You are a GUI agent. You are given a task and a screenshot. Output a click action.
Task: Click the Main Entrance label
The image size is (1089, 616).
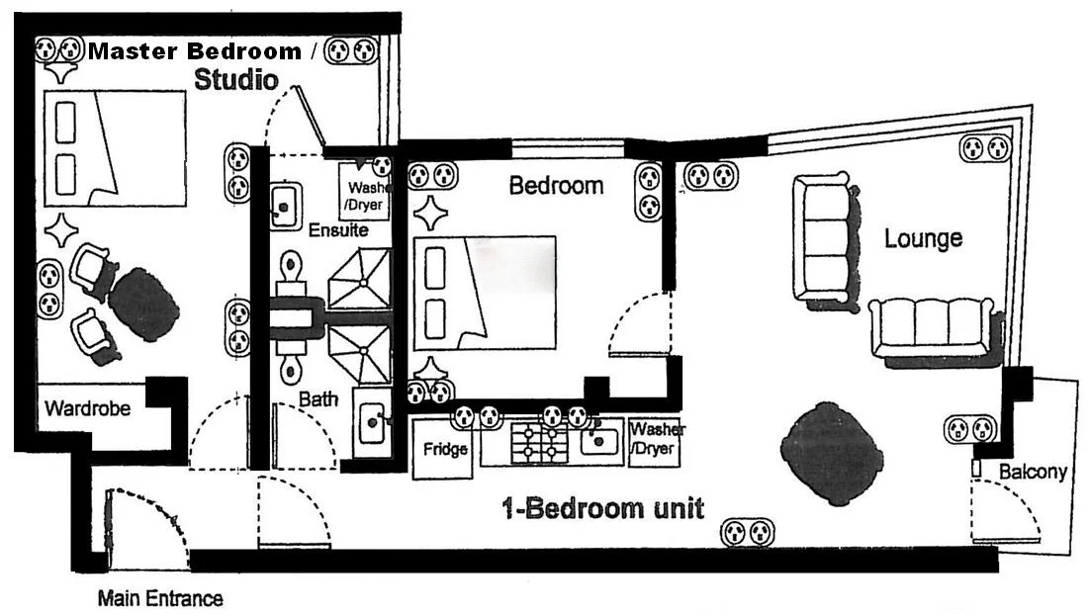(159, 598)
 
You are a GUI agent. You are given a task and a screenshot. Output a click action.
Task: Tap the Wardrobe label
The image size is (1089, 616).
(87, 407)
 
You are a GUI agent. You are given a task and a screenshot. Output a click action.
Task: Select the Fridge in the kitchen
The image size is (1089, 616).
(444, 449)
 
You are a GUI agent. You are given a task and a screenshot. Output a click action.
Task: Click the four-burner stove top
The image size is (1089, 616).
(540, 441)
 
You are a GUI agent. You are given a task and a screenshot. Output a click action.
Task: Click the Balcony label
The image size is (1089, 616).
(1032, 472)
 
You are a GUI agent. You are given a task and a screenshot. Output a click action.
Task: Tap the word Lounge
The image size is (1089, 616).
(923, 238)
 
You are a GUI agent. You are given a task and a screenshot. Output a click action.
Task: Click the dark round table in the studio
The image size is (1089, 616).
(144, 304)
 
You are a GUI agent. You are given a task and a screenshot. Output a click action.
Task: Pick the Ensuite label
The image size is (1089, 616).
(338, 230)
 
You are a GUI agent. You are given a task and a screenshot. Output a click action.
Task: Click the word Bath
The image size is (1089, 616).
(318, 399)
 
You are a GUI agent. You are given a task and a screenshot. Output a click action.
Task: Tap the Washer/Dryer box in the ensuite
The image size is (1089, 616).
(363, 193)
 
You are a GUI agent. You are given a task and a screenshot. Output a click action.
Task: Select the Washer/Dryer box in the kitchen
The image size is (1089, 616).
(655, 440)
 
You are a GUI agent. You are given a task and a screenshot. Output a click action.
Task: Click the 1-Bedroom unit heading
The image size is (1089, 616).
(602, 509)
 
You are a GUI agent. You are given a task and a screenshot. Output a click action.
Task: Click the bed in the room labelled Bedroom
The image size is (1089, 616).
(484, 293)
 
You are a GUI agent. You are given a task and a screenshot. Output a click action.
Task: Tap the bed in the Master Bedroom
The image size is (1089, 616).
(115, 148)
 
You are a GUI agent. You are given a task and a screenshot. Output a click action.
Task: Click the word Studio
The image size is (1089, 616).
(235, 80)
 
